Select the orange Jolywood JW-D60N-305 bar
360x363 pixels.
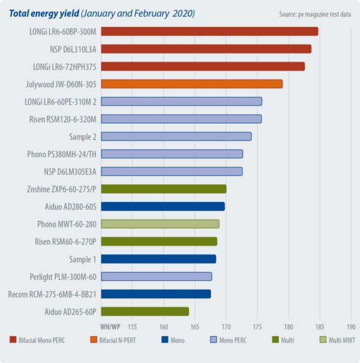(x=191, y=84)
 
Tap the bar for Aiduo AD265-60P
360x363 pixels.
(x=145, y=311)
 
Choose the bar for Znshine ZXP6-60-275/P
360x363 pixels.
(x=163, y=189)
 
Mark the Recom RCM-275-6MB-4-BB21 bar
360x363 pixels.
(x=155, y=294)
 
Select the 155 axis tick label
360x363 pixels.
(x=132, y=327)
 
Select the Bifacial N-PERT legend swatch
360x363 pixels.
(x=93, y=340)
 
